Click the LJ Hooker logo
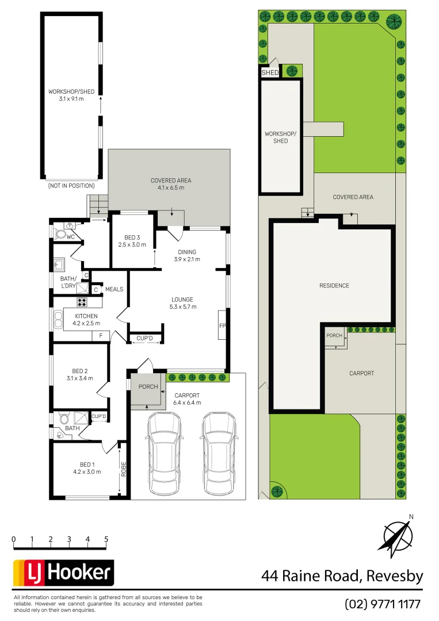coord(63,573)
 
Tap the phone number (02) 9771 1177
coord(383,604)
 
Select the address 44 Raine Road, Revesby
coord(342,576)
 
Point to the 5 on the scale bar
coord(106,539)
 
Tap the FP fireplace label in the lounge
coord(222,326)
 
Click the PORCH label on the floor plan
coord(148,386)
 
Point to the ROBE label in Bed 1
coord(123,469)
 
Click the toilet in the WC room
coord(60,234)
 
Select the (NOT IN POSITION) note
coord(71,186)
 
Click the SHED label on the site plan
coord(270,73)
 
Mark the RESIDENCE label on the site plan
coord(334,285)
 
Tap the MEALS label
coord(114,289)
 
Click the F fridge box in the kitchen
coord(101,335)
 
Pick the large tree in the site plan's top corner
coord(395,21)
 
